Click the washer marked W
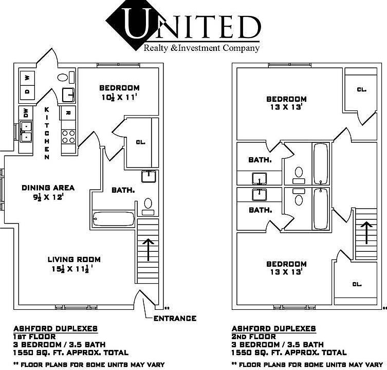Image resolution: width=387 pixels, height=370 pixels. coord(27,78)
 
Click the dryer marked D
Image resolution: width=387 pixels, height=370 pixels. coord(27,92)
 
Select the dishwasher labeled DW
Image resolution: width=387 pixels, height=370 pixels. coord(26,113)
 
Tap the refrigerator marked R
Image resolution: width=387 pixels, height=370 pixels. coord(68,113)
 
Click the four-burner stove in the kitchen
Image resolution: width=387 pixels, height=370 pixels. coord(68,137)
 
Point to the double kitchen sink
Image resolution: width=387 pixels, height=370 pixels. coord(26,132)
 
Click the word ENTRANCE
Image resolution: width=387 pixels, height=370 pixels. coord(175,319)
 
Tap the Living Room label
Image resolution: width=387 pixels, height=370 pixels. coord(74,260)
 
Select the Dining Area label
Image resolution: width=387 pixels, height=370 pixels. coord(48,188)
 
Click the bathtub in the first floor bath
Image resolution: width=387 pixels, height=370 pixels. coord(113,218)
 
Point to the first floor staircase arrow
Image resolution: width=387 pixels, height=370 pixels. coord(148,250)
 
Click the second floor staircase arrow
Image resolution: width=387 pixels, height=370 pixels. coord(366,232)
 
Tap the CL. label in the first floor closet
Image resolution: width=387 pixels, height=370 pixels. coord(141,142)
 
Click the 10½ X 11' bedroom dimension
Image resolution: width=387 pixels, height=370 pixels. coord(119,97)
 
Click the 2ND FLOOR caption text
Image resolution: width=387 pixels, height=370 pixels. coord(253,337)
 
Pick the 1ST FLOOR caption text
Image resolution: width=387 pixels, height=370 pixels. coord(34,337)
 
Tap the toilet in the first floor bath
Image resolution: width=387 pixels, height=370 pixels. coord(148,207)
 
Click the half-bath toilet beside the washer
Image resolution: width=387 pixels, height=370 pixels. coord(63,78)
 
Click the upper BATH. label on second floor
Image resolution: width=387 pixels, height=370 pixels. coord(260,160)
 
